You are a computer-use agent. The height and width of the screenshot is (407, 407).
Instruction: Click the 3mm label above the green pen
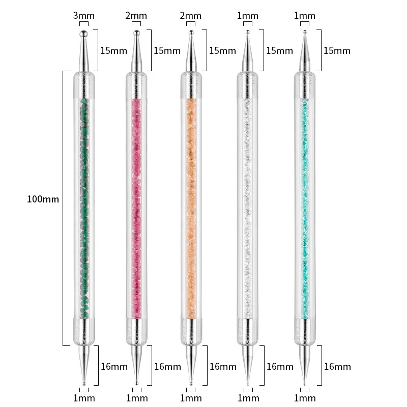84,16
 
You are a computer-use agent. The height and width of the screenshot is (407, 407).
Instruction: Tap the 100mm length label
43,199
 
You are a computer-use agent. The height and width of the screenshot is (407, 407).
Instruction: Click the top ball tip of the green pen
83,34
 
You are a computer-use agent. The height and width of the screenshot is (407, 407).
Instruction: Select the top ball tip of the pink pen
136,33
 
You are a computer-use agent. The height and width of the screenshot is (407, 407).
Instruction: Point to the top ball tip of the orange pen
191,33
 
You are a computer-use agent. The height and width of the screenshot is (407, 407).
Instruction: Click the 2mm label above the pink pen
136,16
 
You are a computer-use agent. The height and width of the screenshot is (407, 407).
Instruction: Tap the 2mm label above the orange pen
190,16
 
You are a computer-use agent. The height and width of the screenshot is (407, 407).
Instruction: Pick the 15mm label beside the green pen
113,50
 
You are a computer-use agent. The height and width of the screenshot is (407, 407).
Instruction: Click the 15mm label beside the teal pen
337,50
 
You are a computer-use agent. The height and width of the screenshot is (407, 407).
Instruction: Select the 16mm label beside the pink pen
168,366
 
